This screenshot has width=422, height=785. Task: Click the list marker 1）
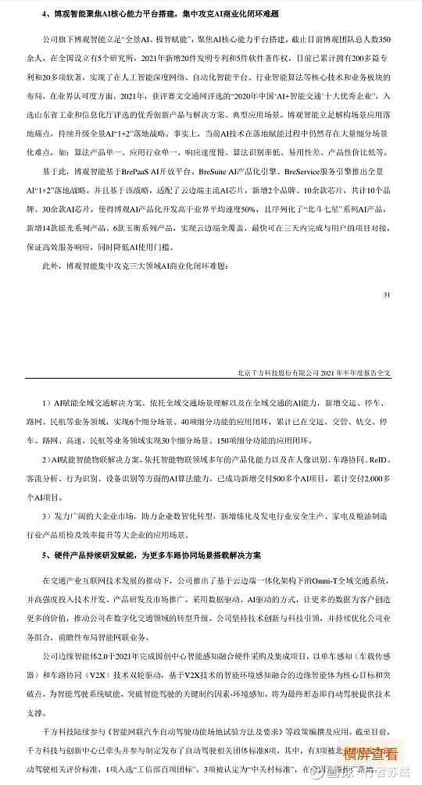46,405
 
